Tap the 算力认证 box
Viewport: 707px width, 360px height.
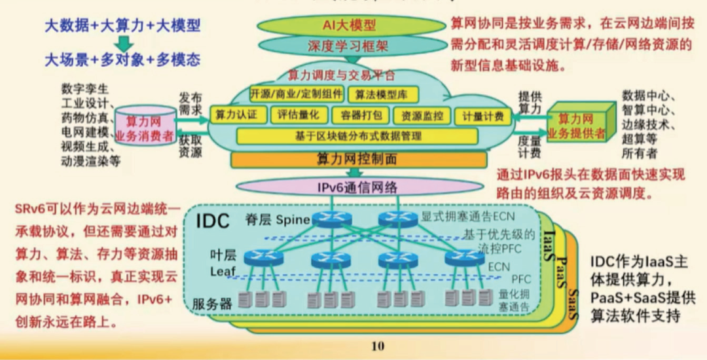point(232,115)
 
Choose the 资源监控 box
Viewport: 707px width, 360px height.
point(422,116)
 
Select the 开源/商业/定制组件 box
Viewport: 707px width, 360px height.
point(296,94)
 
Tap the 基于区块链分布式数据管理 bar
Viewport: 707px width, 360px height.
point(358,136)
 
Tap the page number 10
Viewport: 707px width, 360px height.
point(378,346)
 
